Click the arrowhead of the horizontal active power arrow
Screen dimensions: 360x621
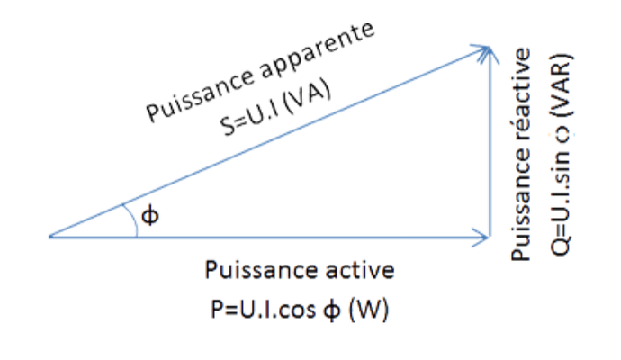coord(482,237)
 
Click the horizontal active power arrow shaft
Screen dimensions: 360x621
coord(270,237)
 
